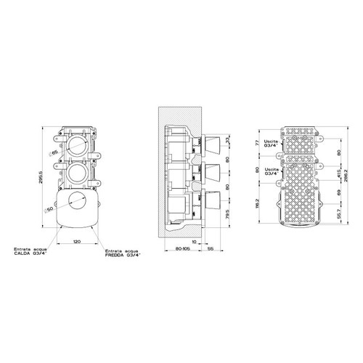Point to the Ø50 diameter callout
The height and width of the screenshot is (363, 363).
(49, 210)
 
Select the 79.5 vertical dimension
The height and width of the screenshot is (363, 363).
(228, 214)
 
